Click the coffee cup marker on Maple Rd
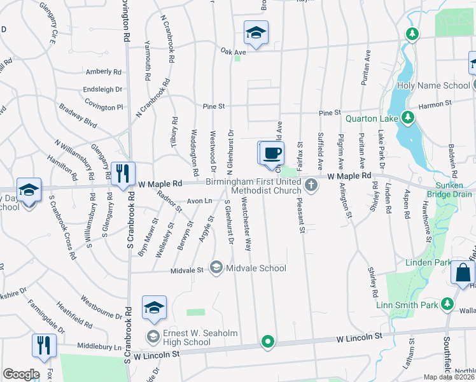coord(272,153)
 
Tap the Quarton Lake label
coord(372,118)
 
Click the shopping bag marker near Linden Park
coord(463,273)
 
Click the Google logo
coord(21,374)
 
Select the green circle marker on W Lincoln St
coord(268,342)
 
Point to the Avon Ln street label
coord(199,201)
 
